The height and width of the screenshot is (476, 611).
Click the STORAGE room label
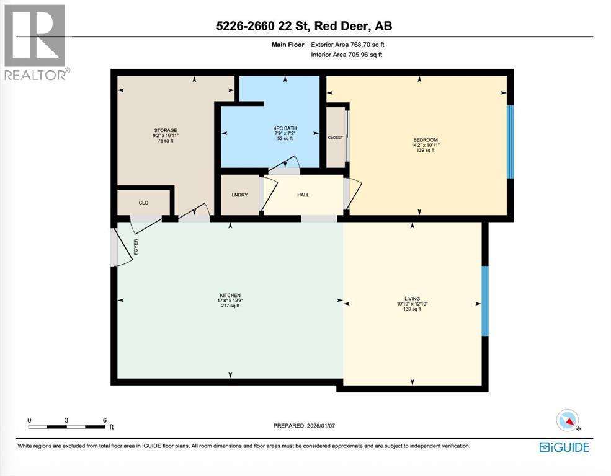point(166,130)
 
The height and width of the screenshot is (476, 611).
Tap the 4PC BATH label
point(285,128)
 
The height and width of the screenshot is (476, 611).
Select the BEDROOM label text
point(426,139)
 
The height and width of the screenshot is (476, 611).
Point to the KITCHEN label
point(230,296)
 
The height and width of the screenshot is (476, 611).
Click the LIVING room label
point(413,299)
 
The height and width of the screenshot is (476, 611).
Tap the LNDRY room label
point(239,195)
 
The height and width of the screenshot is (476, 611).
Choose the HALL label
point(303,195)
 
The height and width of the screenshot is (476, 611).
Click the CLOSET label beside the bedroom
point(336,138)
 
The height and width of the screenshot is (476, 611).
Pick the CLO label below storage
point(143,203)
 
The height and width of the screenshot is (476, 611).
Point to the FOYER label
point(136,247)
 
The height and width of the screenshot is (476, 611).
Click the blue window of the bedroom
point(510,142)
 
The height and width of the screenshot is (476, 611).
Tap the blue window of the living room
point(484,301)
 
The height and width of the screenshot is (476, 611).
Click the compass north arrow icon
point(568,420)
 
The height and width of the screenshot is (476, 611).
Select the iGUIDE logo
point(564,447)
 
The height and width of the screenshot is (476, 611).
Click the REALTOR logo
point(36,42)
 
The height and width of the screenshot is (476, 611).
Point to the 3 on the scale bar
point(66,420)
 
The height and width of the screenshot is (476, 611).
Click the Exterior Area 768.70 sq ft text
point(347,45)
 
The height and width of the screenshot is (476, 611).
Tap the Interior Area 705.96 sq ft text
point(346,55)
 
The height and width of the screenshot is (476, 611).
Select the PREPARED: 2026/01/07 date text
point(304,425)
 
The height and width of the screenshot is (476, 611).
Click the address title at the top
point(305,25)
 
